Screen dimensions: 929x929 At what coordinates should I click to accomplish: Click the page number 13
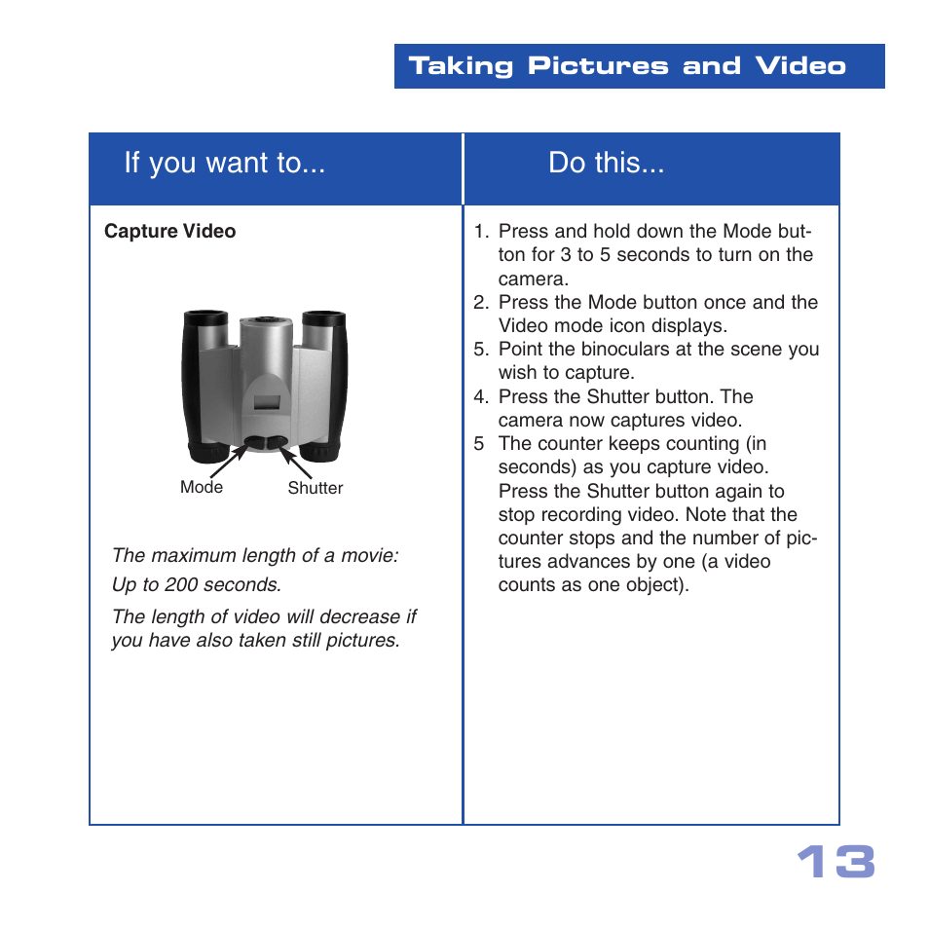(836, 863)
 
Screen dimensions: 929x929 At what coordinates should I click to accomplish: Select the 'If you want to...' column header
(224, 164)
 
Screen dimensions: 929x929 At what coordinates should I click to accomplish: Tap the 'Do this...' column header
(606, 164)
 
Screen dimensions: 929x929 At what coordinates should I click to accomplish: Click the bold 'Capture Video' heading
(169, 232)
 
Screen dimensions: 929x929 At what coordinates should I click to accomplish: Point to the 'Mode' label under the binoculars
(202, 487)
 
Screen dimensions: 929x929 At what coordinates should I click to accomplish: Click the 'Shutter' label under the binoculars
(315, 488)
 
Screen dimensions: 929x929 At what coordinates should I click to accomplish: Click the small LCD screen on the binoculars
(264, 396)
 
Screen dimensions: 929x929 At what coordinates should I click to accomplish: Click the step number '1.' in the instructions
(481, 232)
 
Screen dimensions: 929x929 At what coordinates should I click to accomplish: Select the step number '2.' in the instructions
(481, 302)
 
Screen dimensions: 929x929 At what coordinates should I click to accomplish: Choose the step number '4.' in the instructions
(481, 396)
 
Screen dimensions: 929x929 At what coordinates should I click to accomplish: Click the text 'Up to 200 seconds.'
(196, 585)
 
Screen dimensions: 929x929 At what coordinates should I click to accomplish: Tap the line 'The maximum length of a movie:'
(255, 556)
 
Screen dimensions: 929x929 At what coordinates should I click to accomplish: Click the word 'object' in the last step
(652, 585)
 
